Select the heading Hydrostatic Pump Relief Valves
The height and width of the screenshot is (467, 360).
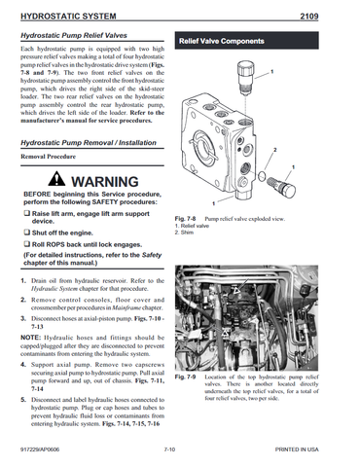pyautogui.click(x=77, y=34)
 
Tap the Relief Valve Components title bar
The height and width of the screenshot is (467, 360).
pyautogui.click(x=227, y=41)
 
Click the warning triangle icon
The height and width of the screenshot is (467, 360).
pyautogui.click(x=61, y=181)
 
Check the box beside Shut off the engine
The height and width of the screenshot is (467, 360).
pyautogui.click(x=24, y=233)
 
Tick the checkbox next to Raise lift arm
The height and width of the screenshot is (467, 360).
pyautogui.click(x=24, y=211)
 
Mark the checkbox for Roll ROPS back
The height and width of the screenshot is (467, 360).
pyautogui.click(x=24, y=245)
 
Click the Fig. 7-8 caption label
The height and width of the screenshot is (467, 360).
pyautogui.click(x=185, y=220)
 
